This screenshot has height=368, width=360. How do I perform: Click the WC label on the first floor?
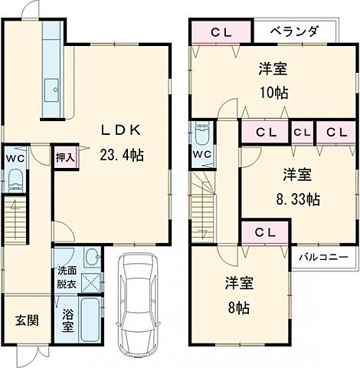tap(14, 159)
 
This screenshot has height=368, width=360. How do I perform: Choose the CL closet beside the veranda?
tap(221, 32)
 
